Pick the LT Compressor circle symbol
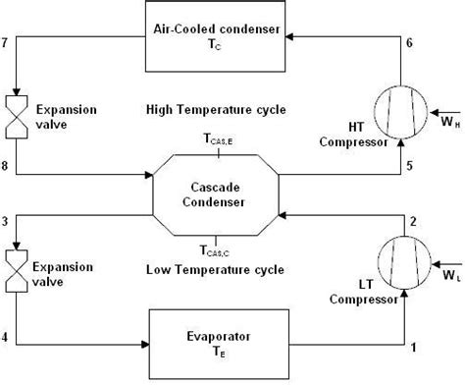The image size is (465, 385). (x=401, y=264)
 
